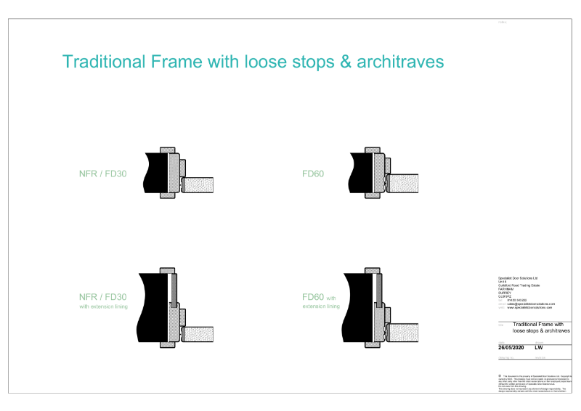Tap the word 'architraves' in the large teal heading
click(397, 62)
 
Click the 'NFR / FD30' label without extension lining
click(102, 174)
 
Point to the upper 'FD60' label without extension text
click(313, 174)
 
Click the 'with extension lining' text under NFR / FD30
click(103, 306)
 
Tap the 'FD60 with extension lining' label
click(320, 301)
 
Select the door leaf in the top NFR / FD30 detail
click(200, 184)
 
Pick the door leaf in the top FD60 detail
click(405, 184)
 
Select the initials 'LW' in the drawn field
click(539, 347)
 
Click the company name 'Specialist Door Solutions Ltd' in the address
click(519, 277)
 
